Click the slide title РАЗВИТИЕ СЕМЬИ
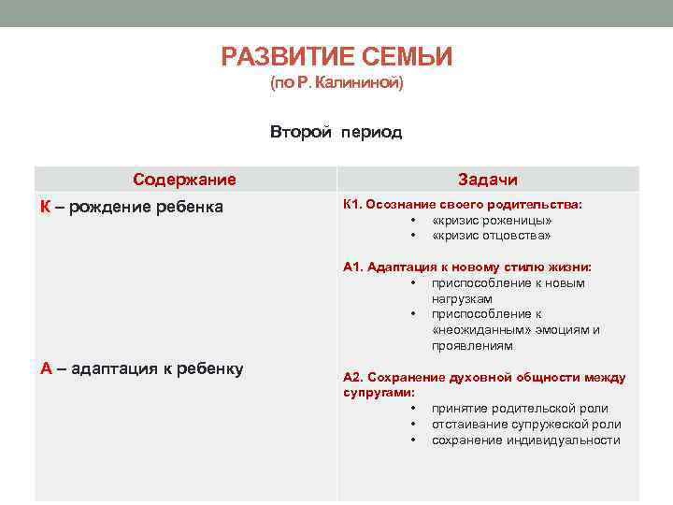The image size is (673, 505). click(x=336, y=58)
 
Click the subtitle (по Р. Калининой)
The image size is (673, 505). click(x=336, y=84)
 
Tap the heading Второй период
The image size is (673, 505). click(x=336, y=132)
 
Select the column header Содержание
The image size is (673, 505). click(x=184, y=180)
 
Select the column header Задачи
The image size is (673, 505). click(x=487, y=180)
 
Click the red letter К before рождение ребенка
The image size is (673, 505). click(x=45, y=207)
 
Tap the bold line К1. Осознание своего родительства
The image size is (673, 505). click(x=462, y=204)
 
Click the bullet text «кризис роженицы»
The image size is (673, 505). click(x=492, y=221)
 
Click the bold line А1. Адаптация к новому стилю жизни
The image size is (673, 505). click(x=467, y=267)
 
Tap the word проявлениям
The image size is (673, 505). click(x=472, y=345)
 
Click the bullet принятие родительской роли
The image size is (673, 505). click(x=519, y=409)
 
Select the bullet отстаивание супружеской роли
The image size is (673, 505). click(x=525, y=424)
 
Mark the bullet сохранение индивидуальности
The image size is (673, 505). click(x=525, y=440)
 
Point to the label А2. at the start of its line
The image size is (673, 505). click(x=353, y=377)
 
